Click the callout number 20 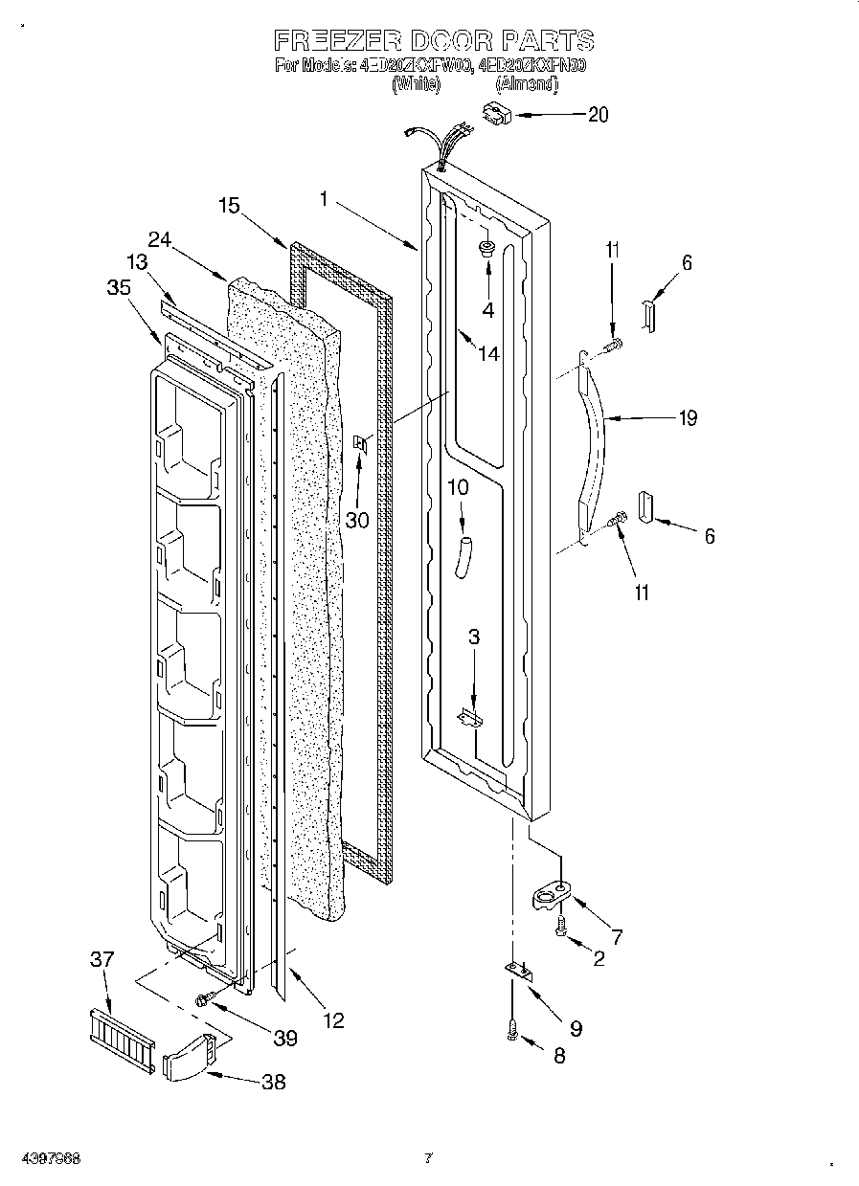pos(597,115)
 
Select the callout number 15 pos(229,205)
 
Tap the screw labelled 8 pos(513,1033)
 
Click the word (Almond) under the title pos(526,84)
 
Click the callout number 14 pos(488,353)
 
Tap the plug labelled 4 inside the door pos(486,251)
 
